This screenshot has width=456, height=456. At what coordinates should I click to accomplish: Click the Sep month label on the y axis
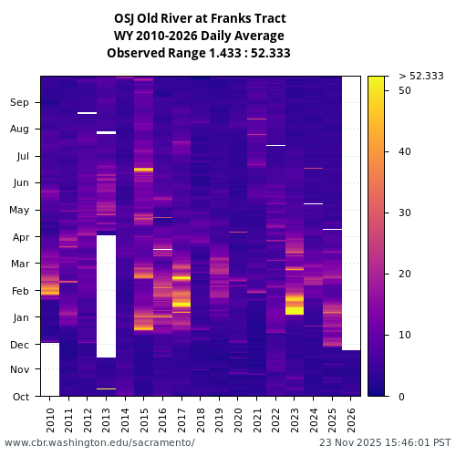[x=19, y=103]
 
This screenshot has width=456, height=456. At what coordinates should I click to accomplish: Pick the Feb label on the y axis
[x=19, y=291]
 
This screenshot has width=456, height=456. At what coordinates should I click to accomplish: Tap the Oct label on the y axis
[x=19, y=396]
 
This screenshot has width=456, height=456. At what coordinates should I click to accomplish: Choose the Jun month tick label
[x=19, y=182]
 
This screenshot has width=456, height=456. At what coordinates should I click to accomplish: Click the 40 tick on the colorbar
[x=405, y=151]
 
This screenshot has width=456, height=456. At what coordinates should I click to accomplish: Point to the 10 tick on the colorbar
[x=405, y=335]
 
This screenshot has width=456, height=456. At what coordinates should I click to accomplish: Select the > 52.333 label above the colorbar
[x=421, y=76]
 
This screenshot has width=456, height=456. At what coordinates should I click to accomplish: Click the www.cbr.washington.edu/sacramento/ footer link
[x=99, y=442]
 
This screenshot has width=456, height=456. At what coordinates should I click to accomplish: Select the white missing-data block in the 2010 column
[x=50, y=369]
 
